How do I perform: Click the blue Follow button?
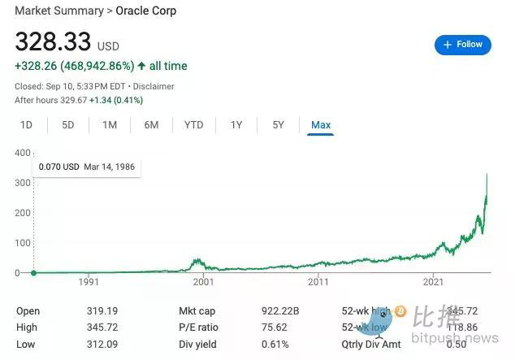coord(463,45)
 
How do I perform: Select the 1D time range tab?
coord(26,125)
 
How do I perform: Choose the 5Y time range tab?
coord(278,125)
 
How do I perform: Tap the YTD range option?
coord(193,125)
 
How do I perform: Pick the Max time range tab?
coord(321,125)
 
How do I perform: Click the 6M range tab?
coord(151,125)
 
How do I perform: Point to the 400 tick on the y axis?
coord(22,153)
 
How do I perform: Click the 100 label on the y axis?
coord(22,243)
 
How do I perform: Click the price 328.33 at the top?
coord(53,41)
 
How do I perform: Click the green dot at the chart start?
coord(33,272)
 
